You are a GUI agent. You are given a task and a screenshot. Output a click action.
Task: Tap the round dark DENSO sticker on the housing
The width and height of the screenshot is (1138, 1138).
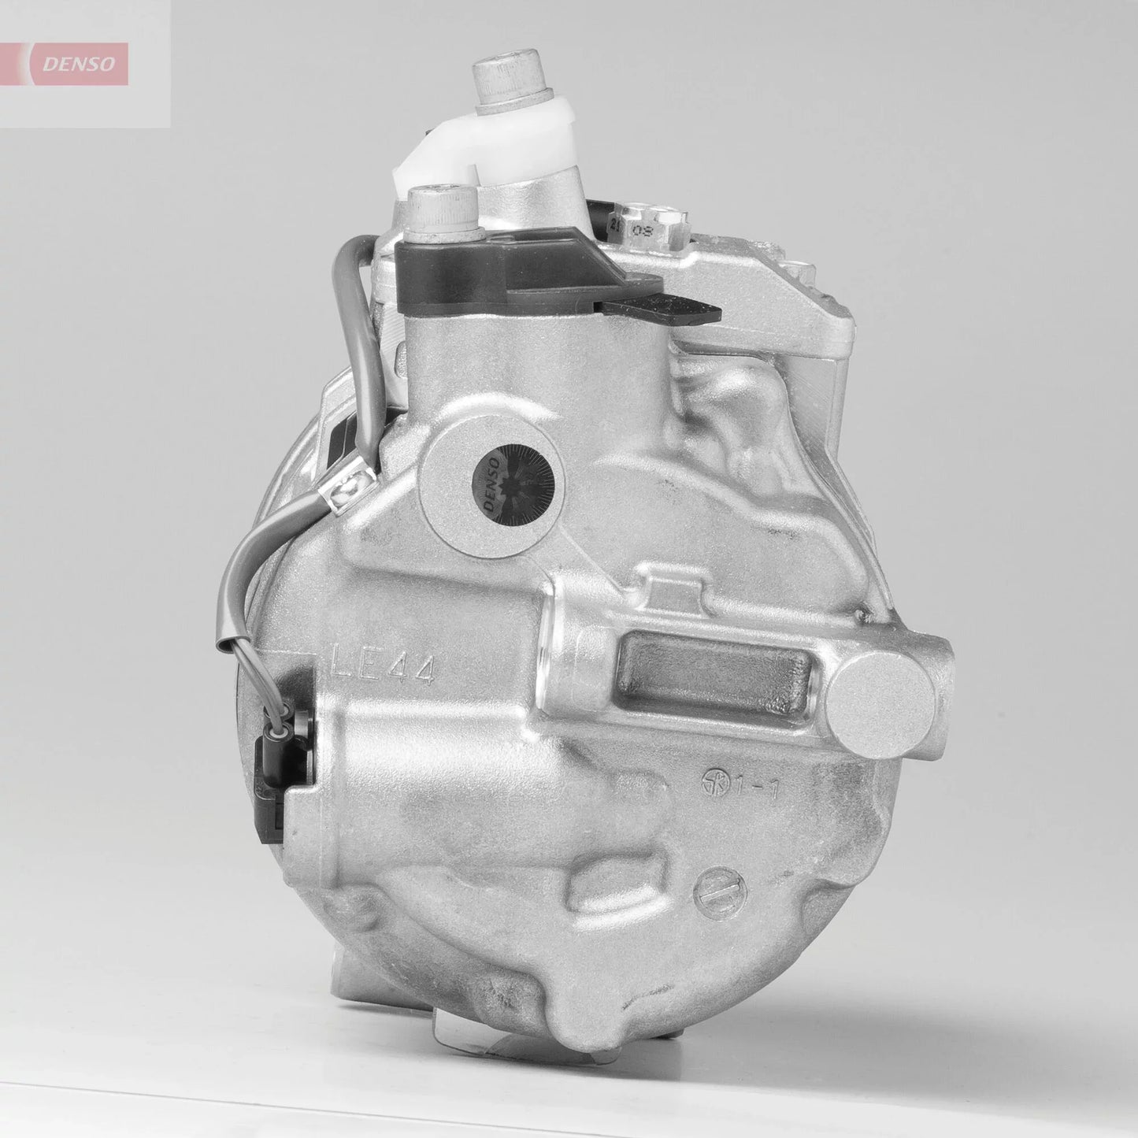point(508,488)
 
